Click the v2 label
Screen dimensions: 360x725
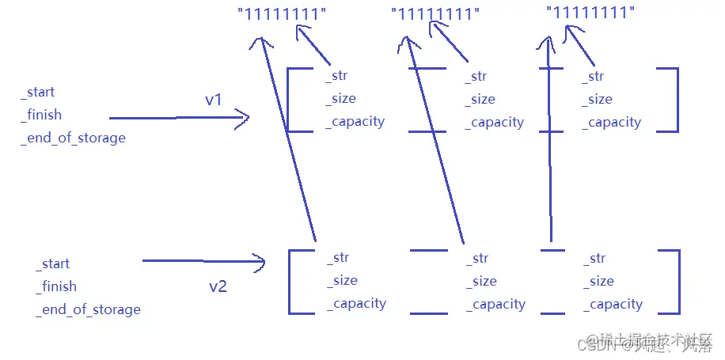coord(218,286)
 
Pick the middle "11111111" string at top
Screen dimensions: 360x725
coord(435,13)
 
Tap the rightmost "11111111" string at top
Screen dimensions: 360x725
coord(590,12)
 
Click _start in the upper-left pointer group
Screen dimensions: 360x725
coord(37,93)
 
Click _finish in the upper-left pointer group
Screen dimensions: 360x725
coord(41,115)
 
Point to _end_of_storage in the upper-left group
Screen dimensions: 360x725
coord(73,138)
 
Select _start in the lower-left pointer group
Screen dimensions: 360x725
coord(52,263)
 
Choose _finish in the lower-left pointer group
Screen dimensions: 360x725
coord(56,286)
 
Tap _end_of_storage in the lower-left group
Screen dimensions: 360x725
coord(88,309)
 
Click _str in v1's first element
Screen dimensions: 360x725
coord(336,76)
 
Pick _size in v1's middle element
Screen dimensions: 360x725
coord(480,99)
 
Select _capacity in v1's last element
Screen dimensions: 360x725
coord(613,122)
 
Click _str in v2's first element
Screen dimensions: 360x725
coord(338,257)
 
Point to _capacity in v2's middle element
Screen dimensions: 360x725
coord(495,304)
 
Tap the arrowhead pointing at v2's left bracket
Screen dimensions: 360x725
coord(258,260)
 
